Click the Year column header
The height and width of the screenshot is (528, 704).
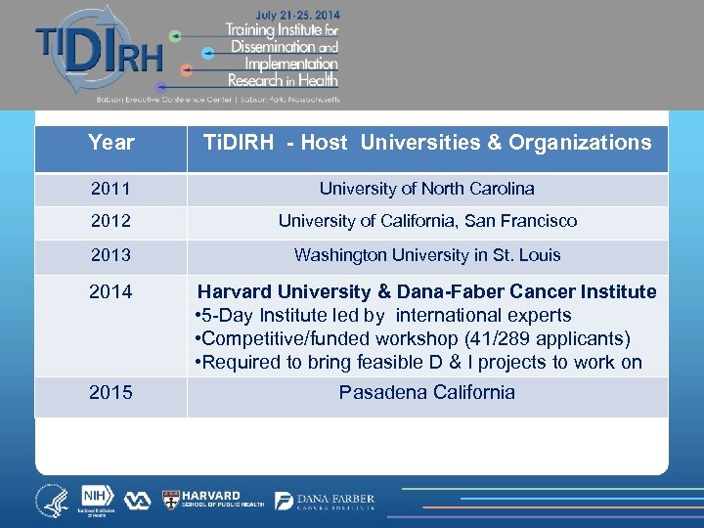[110, 143]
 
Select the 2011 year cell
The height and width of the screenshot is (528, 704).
[110, 189]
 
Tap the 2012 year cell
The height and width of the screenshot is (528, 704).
[110, 222]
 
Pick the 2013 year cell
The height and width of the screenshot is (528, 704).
[110, 255]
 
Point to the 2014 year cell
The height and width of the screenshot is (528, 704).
[110, 291]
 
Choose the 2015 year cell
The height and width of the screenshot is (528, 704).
[110, 393]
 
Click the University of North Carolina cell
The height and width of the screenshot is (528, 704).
[427, 189]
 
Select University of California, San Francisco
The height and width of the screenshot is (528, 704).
[427, 222]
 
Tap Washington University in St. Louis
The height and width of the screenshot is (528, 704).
[427, 255]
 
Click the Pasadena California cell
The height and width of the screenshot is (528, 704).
[427, 393]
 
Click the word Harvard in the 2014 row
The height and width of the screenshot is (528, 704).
[236, 291]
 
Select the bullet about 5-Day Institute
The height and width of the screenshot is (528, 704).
[383, 316]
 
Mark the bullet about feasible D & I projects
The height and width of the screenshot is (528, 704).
[419, 363]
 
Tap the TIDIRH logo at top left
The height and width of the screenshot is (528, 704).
[98, 54]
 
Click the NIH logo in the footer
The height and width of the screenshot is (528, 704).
[97, 499]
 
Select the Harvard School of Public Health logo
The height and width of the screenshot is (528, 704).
[212, 501]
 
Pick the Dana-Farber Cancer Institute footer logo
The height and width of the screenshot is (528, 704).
[326, 501]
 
